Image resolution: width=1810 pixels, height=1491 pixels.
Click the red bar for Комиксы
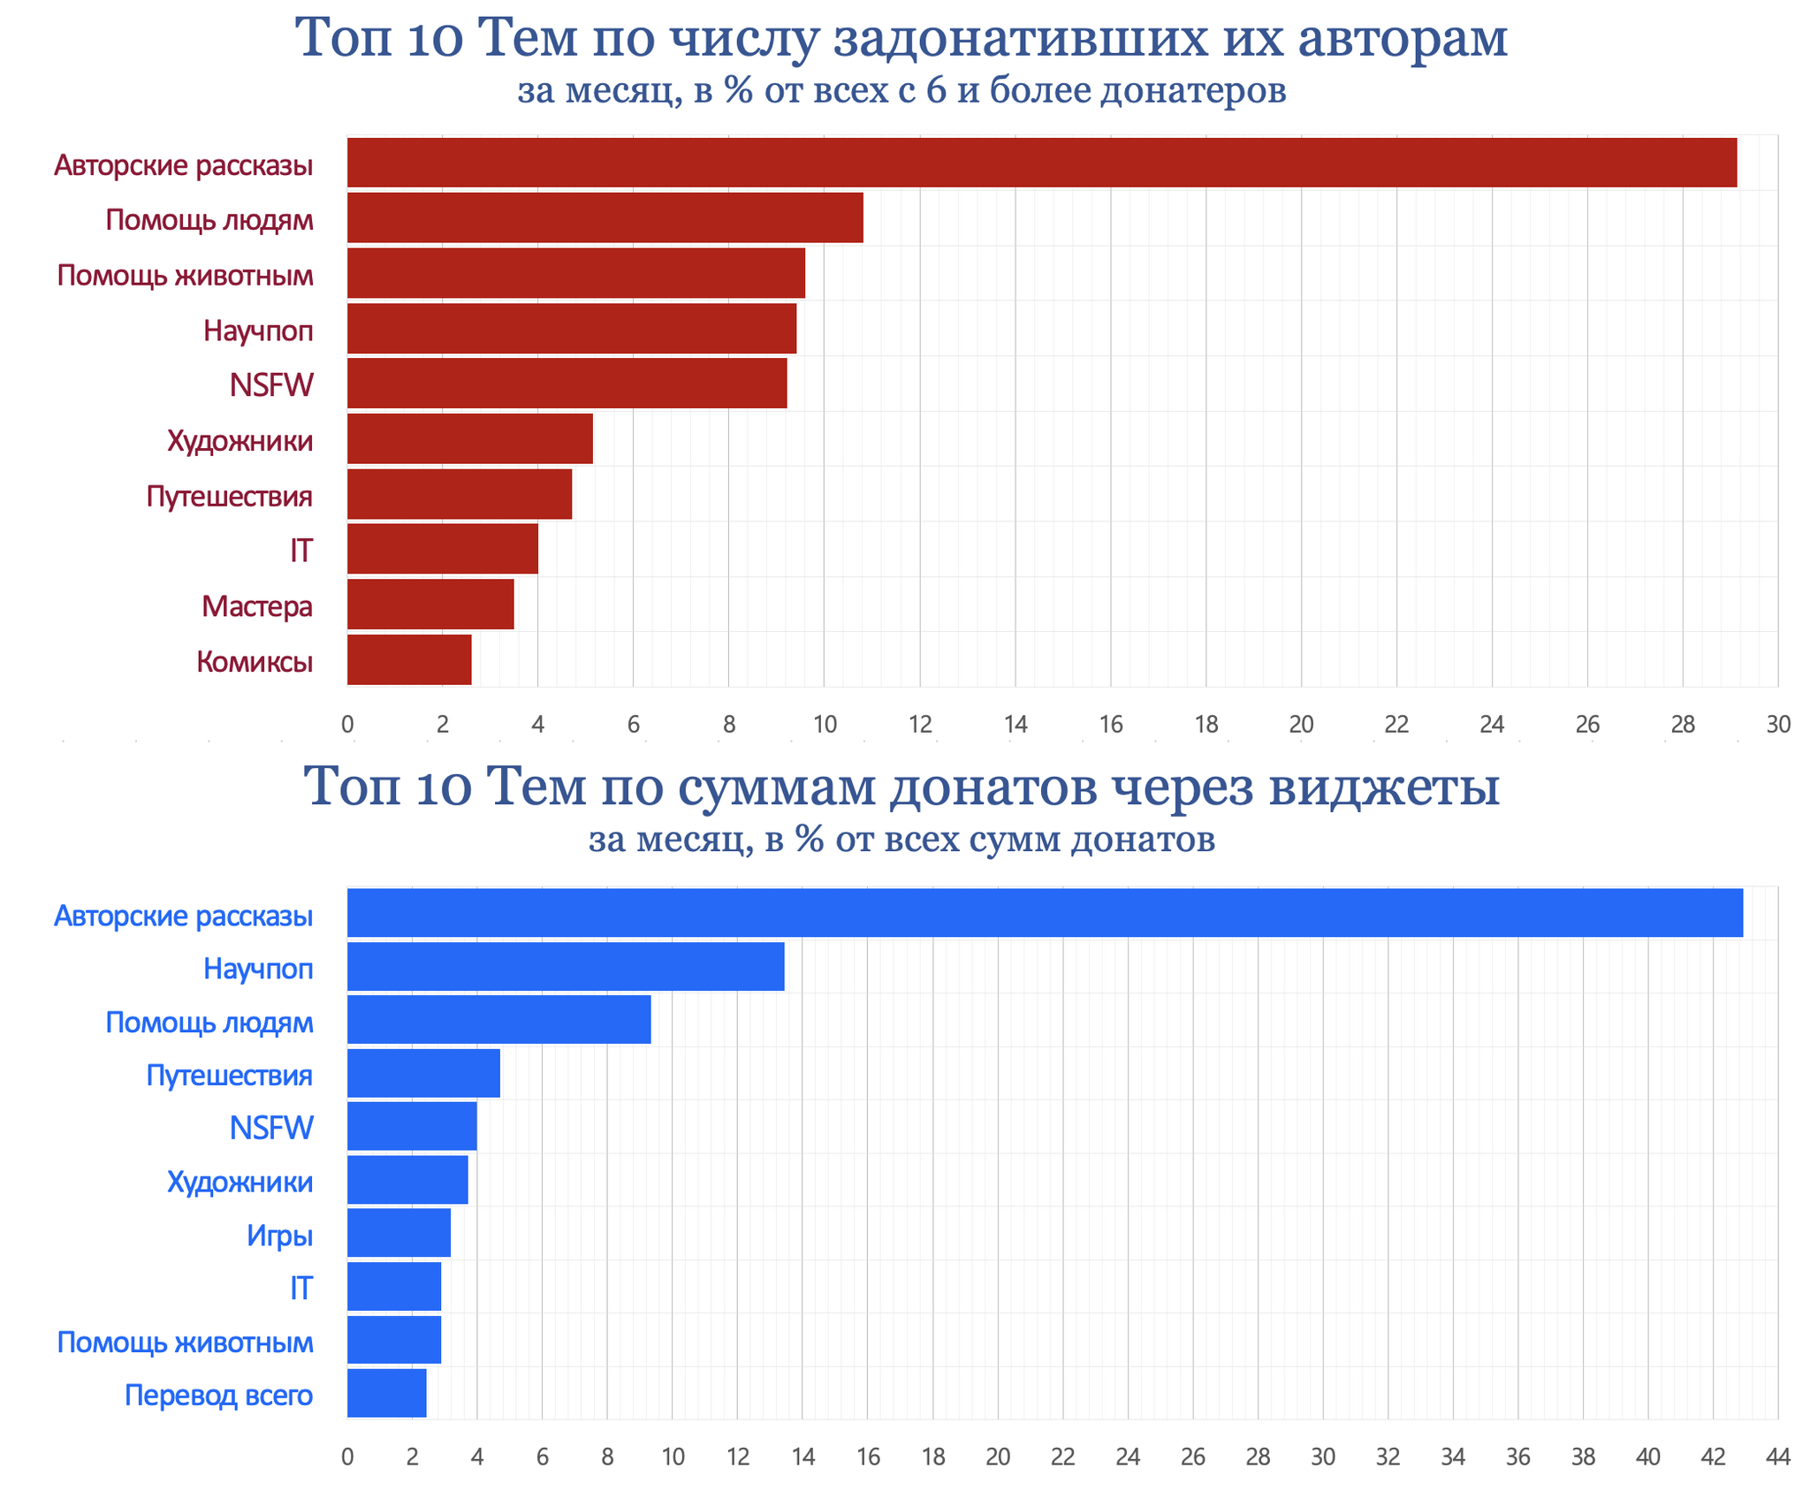tap(408, 659)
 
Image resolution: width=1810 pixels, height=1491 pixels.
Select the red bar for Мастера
tap(430, 605)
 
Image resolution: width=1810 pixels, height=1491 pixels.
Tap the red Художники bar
tap(469, 438)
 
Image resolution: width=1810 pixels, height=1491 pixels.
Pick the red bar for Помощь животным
tap(575, 273)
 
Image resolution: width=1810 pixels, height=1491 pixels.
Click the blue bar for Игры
tap(399, 1232)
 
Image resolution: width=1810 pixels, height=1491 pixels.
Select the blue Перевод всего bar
tap(386, 1393)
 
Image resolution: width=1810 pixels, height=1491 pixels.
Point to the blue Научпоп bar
tap(566, 966)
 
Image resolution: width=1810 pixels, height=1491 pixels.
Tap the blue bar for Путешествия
tap(423, 1073)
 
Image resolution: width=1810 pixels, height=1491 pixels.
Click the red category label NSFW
tap(271, 385)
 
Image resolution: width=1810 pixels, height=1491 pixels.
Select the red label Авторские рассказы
tap(184, 165)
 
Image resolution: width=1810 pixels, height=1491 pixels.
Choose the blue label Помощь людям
tap(209, 1023)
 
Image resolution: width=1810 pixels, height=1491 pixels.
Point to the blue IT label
tap(301, 1288)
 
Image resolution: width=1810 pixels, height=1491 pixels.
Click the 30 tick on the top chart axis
tap(1777, 725)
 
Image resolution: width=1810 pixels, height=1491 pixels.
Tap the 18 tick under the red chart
tap(1205, 725)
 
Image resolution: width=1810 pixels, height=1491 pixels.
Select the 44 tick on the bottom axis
tap(1777, 1457)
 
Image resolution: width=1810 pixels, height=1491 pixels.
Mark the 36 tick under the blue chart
tap(1517, 1457)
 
